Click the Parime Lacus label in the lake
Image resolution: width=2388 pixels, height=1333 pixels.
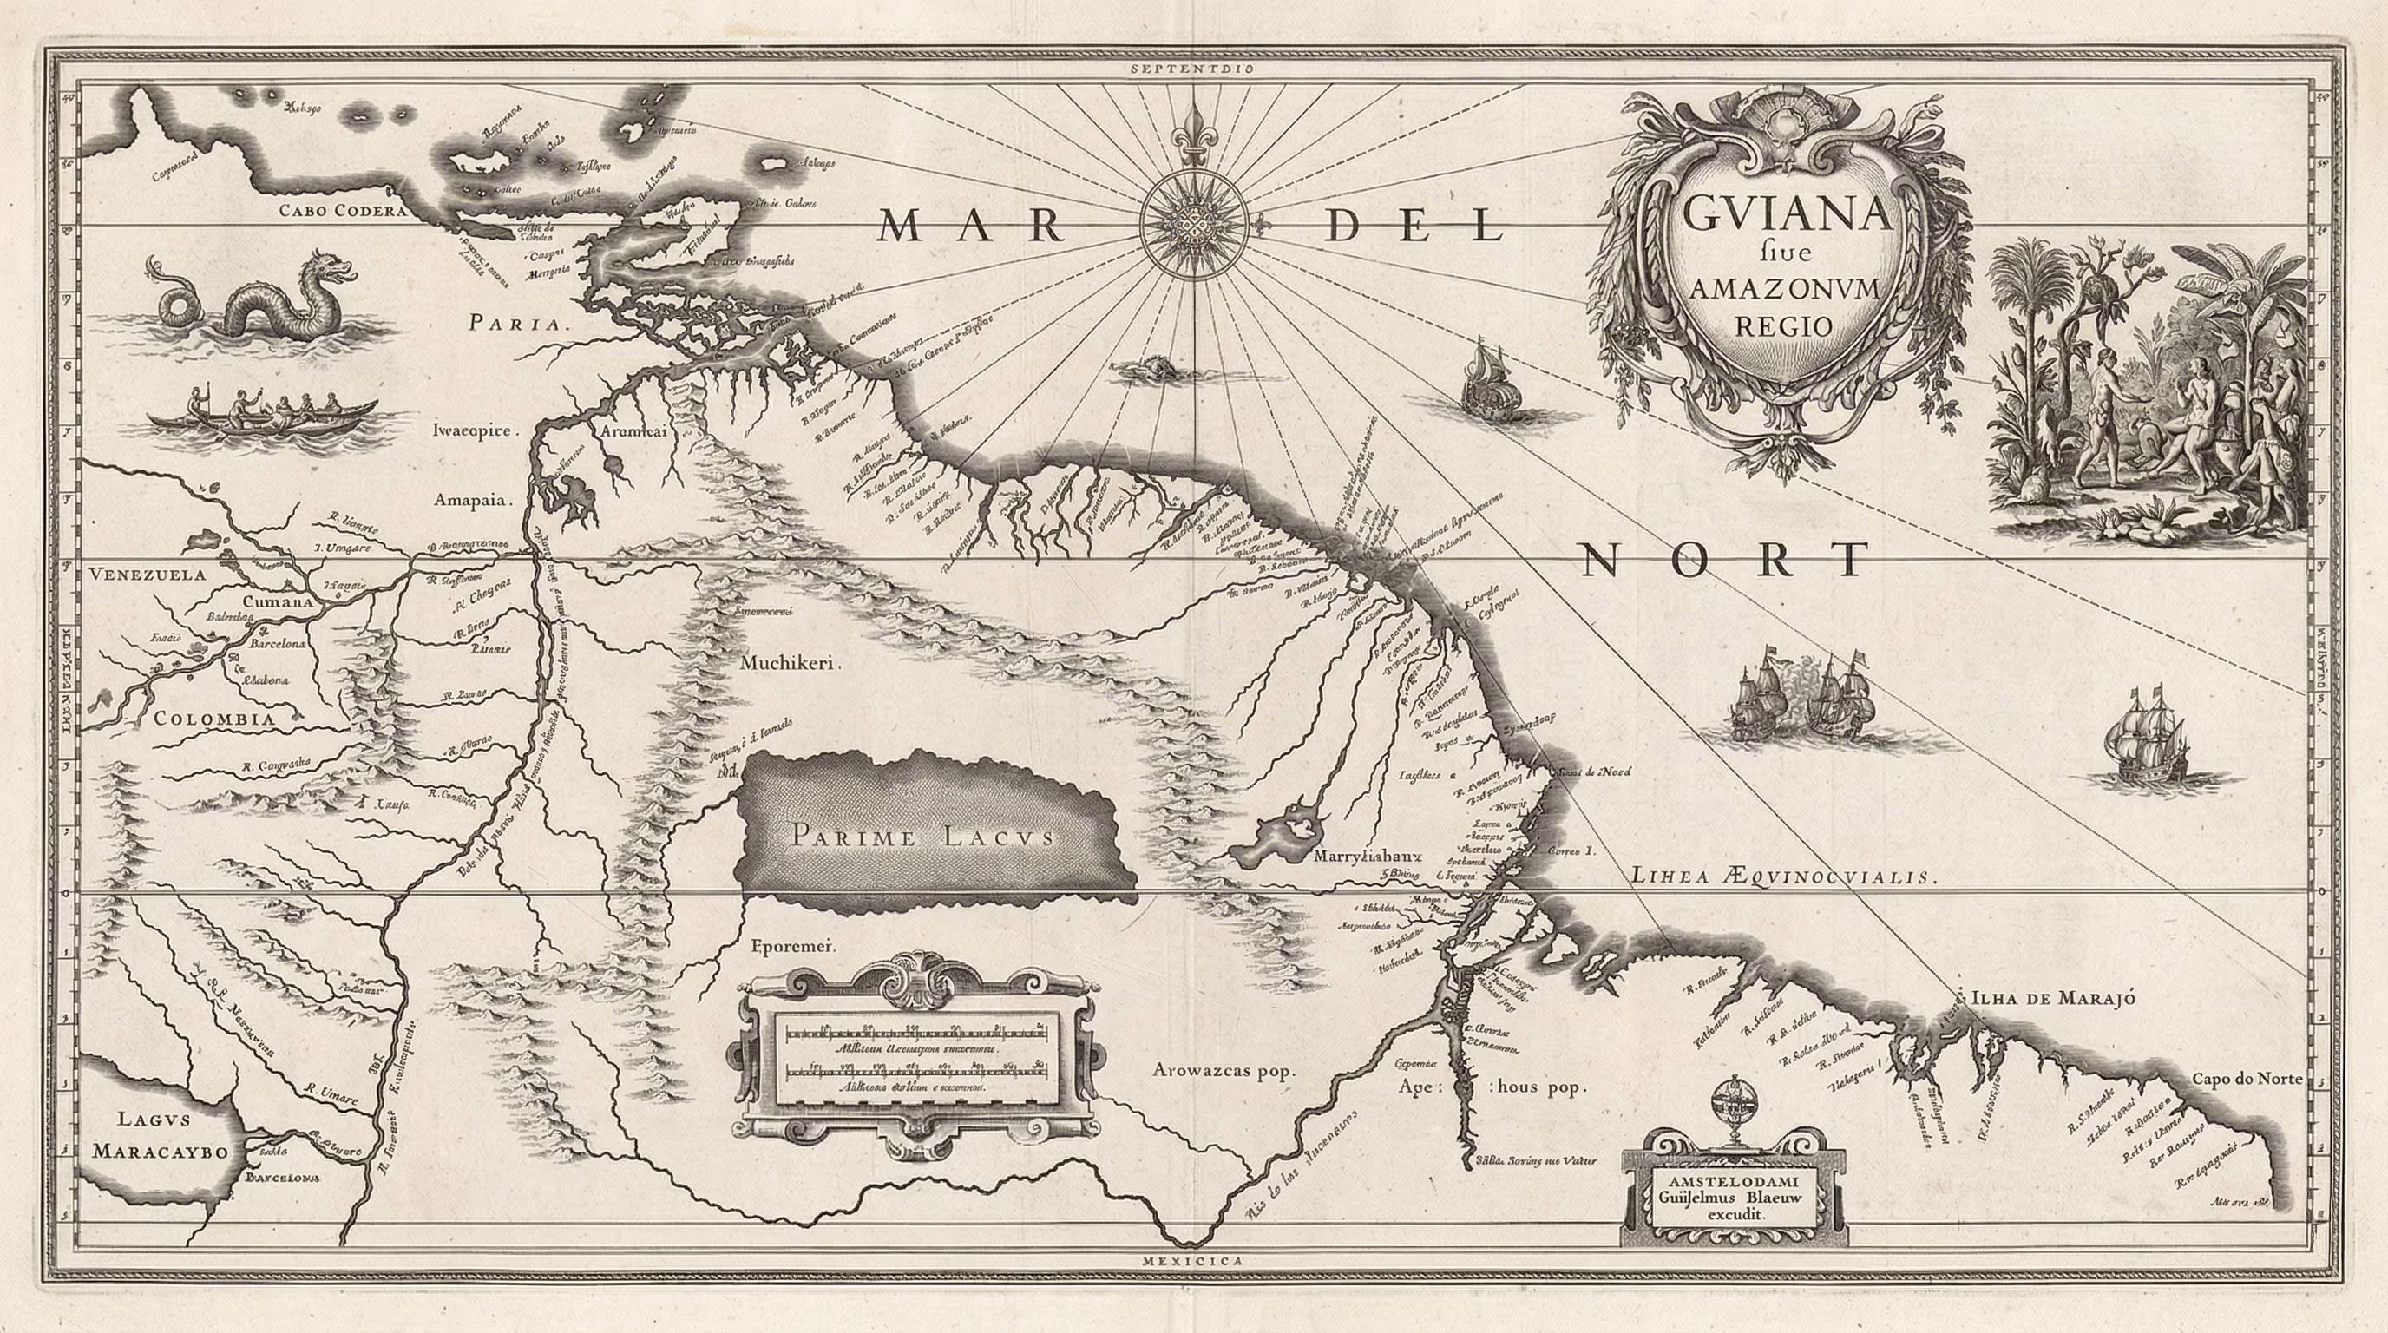(922, 835)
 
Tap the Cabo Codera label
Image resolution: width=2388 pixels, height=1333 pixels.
(344, 210)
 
